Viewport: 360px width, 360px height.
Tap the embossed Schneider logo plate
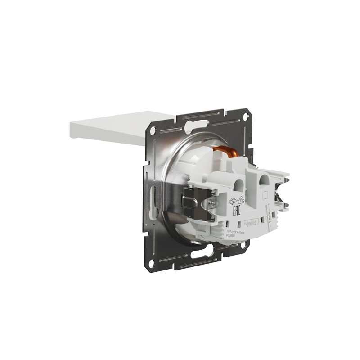pyautogui.click(x=250, y=223)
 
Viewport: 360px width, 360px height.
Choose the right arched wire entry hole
pyautogui.click(x=264, y=183)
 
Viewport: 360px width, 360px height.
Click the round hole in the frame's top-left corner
pyautogui.click(x=153, y=131)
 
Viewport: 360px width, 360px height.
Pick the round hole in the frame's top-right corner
pyautogui.click(x=246, y=116)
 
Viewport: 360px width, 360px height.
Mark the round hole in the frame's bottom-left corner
pyautogui.click(x=152, y=263)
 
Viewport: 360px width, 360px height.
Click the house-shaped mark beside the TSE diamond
pyautogui.click(x=241, y=199)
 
